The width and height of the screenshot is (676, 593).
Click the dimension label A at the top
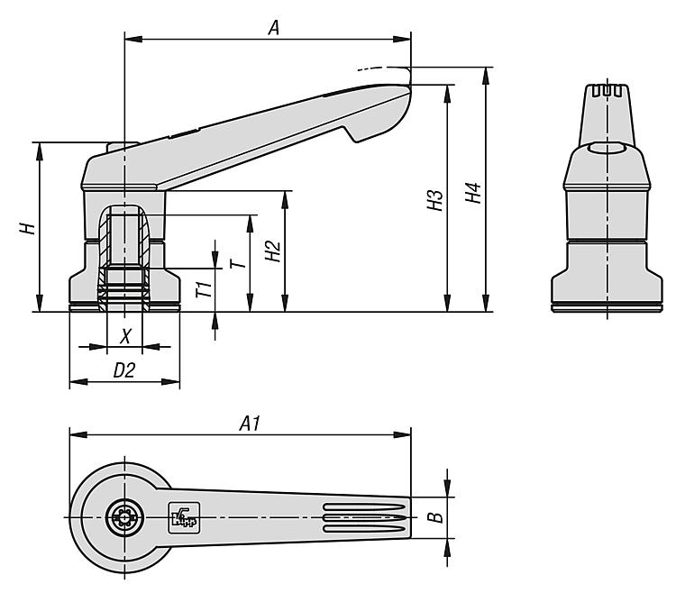274,28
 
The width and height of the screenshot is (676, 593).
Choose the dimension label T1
205,290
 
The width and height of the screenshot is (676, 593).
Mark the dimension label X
126,335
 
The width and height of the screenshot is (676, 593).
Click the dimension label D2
123,369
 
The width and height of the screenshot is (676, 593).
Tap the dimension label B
434,517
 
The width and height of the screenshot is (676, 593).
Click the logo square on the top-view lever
180,516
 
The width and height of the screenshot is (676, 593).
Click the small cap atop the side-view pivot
122,147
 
